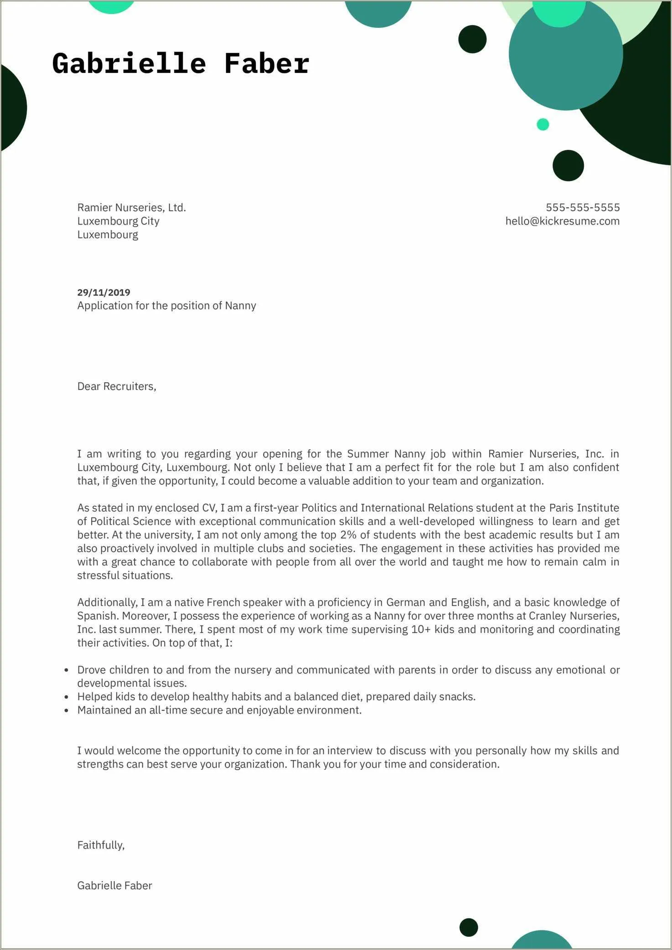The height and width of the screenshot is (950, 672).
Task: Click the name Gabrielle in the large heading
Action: [129, 63]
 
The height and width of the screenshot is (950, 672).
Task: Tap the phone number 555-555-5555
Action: [582, 208]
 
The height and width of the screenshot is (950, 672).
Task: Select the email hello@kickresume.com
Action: [562, 221]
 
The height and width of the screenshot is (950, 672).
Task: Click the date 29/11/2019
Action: [103, 292]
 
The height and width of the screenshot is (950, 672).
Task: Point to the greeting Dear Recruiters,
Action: [117, 386]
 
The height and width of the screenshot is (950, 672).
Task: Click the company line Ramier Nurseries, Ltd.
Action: [131, 208]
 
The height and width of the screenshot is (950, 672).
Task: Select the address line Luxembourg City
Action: [118, 221]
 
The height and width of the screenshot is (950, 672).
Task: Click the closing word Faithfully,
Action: [101, 845]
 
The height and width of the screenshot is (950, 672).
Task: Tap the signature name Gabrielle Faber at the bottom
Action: [114, 886]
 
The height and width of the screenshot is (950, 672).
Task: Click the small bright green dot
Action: [543, 124]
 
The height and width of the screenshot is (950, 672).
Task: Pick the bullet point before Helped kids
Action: [67, 697]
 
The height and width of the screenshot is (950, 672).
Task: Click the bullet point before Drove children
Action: [67, 670]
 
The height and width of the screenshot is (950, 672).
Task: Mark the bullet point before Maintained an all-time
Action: [67, 711]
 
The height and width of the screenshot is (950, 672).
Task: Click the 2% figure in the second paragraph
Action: [348, 535]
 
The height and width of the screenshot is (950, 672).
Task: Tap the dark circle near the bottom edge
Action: [468, 927]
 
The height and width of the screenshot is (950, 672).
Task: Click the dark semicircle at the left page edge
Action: [12, 108]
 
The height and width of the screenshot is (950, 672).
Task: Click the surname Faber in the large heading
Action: [267, 63]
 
